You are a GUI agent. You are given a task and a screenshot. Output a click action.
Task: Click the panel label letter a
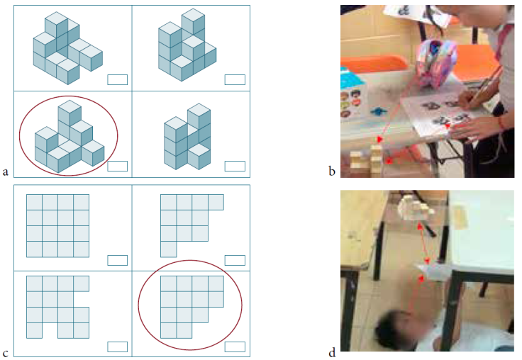coord(6,171)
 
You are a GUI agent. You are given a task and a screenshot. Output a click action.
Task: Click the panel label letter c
coord(6,352)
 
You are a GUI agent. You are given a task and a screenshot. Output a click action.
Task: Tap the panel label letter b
coord(332,171)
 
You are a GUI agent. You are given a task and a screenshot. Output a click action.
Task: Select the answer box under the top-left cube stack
coord(117,79)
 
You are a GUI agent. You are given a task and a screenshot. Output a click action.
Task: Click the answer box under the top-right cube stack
coord(235,79)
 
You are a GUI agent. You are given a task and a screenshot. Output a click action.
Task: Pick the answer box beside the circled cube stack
coord(117,166)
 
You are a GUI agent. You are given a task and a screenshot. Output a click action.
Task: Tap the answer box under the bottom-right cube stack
coord(235,166)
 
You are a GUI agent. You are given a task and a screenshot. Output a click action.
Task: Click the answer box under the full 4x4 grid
coord(117,259)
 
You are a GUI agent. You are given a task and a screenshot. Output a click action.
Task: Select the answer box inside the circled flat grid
coord(235,347)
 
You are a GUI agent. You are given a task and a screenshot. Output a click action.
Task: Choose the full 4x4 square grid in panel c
coord(57,225)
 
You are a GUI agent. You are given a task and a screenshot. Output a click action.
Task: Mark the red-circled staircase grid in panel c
coord(190,306)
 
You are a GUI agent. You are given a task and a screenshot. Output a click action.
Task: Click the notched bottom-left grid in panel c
coord(57,306)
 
